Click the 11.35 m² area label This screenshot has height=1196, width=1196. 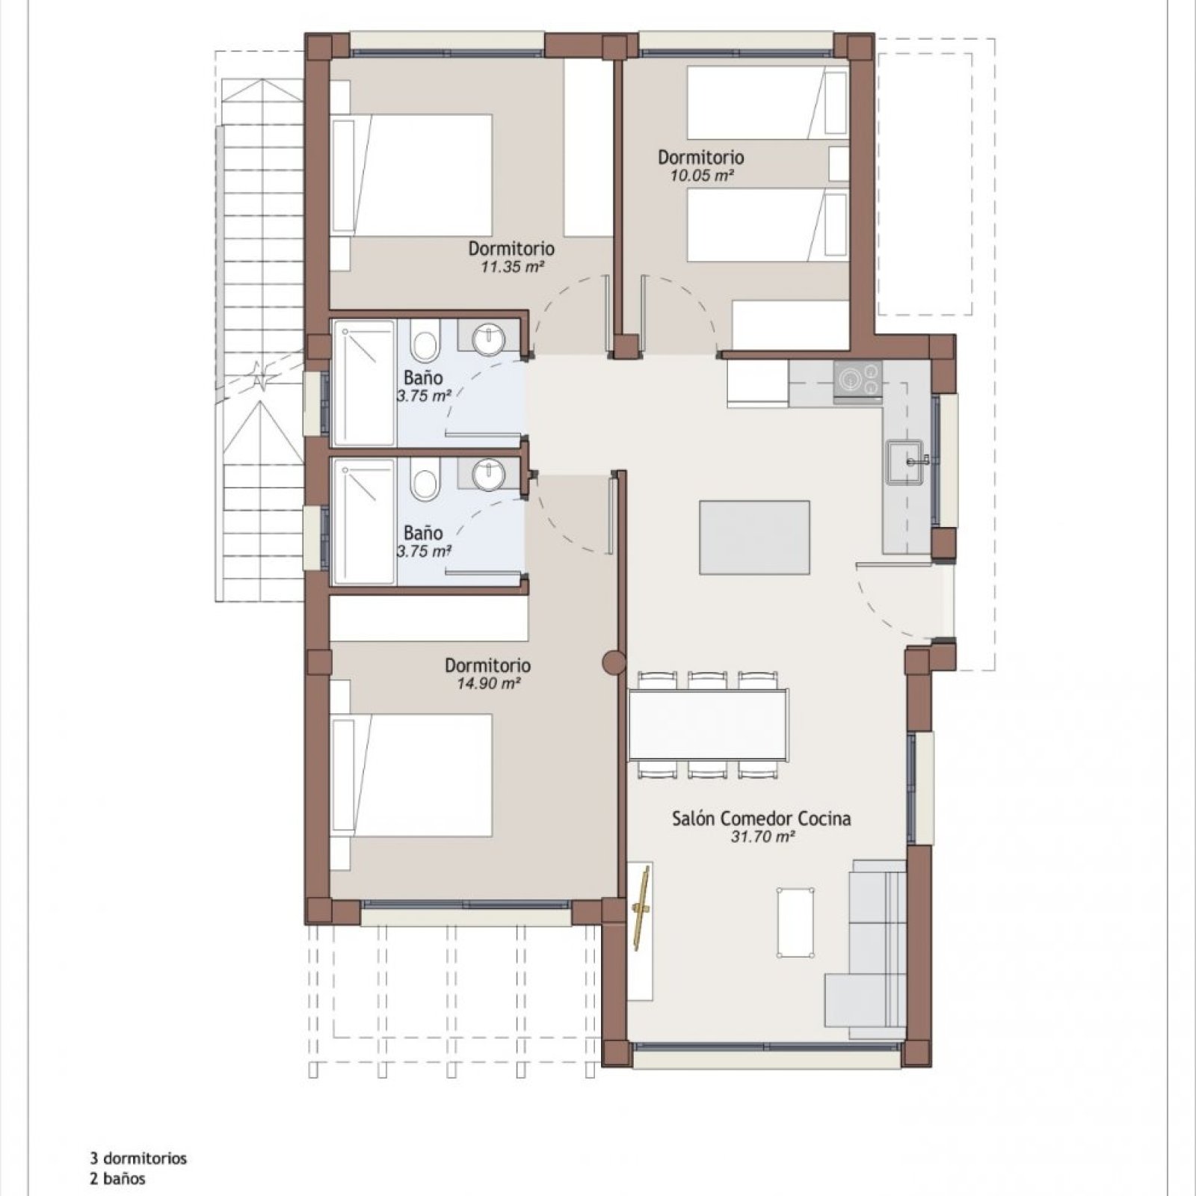pyautogui.click(x=512, y=266)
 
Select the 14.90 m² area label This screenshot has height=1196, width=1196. pyautogui.click(x=488, y=683)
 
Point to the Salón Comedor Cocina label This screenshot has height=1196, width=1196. pyautogui.click(x=761, y=819)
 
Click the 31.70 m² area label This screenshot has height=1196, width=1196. pyautogui.click(x=762, y=837)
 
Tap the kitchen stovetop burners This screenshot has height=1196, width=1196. pyautogui.click(x=858, y=379)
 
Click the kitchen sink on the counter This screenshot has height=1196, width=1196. pyautogui.click(x=907, y=463)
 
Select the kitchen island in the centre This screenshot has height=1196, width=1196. pyautogui.click(x=754, y=537)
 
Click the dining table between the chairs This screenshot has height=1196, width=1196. pyautogui.click(x=708, y=724)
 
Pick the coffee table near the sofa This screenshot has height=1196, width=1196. pyautogui.click(x=795, y=922)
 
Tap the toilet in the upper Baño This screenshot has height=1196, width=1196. pyautogui.click(x=425, y=343)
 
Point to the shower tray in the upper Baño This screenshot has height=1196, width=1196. pyautogui.click(x=363, y=383)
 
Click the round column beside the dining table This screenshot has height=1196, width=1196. pyautogui.click(x=614, y=662)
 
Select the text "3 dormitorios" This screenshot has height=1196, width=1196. pyautogui.click(x=138, y=1159)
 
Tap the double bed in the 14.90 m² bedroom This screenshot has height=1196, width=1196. pyautogui.click(x=411, y=775)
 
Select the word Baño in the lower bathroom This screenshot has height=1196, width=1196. pyautogui.click(x=423, y=533)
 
